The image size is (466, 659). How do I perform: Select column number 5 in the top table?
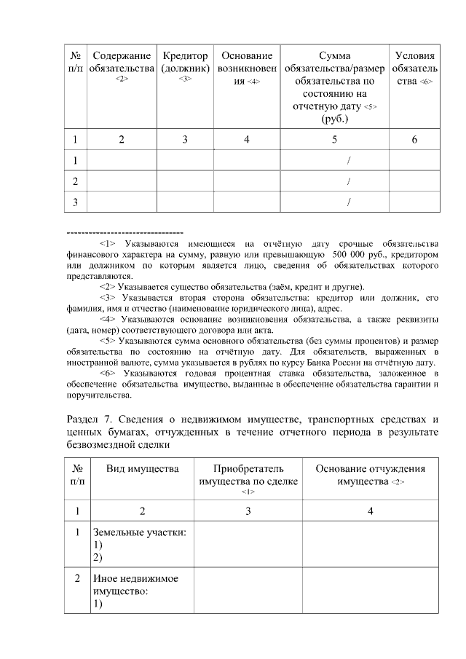click(335, 139)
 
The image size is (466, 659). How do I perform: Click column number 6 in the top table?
click(414, 139)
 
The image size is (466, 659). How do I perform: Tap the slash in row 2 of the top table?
click(350, 181)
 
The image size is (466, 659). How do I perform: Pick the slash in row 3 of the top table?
click(350, 202)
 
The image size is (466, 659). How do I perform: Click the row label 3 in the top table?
click(75, 202)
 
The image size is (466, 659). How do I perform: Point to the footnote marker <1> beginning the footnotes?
click(108, 243)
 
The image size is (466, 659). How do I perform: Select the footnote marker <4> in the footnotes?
click(108, 318)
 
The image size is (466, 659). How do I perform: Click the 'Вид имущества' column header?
click(142, 468)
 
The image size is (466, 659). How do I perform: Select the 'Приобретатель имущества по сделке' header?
click(248, 475)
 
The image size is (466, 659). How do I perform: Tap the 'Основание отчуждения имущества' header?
click(371, 475)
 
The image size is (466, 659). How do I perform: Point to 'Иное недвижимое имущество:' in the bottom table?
click(136, 585)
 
